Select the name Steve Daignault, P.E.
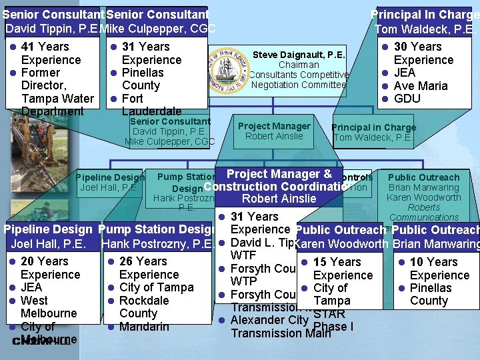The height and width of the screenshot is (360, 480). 299,55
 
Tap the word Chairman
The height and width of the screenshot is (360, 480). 299,65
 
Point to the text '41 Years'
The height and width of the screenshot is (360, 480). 45,47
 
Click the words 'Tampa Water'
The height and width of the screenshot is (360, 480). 57,99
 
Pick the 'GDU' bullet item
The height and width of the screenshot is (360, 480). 407,99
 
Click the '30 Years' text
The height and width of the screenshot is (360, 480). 418,47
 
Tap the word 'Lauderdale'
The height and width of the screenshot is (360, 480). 151,111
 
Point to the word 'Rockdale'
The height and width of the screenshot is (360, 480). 144,301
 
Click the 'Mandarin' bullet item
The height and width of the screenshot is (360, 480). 145,327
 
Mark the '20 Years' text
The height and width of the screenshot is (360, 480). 45,261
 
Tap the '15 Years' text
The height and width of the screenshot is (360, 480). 337,262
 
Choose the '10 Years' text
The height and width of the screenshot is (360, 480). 434,262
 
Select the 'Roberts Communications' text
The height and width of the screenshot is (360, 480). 424,212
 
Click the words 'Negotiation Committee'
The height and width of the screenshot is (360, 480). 299,85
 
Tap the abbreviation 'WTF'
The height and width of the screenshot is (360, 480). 244,255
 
